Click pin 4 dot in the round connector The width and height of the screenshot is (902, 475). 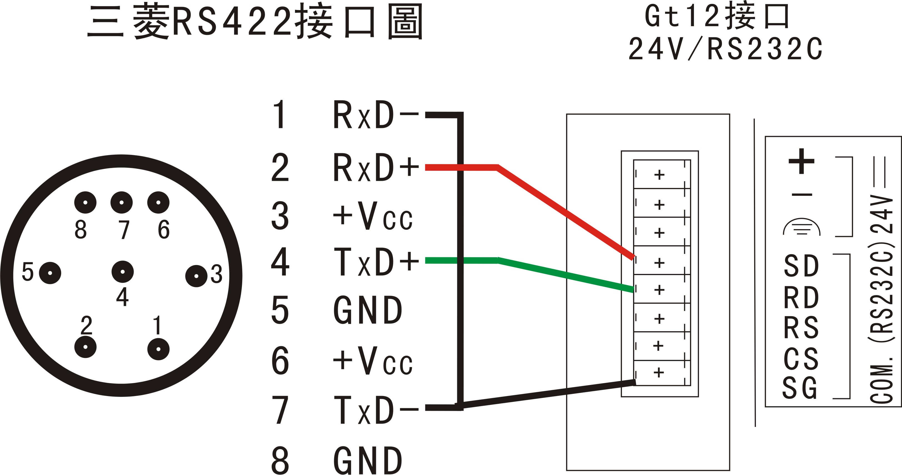coord(123,272)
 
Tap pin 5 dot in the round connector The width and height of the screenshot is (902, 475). coord(50,273)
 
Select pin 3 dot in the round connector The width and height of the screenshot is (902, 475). coord(196,276)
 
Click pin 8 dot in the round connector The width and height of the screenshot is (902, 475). coord(86,202)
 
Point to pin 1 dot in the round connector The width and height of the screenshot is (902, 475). coord(158,349)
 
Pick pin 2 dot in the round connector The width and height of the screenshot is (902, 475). coord(86,347)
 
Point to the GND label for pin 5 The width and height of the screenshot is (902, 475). coord(368,310)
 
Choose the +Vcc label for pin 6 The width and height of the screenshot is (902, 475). coord(373,361)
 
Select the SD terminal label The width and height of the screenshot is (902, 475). coord(801,266)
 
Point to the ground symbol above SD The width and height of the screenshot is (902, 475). coord(801,227)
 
